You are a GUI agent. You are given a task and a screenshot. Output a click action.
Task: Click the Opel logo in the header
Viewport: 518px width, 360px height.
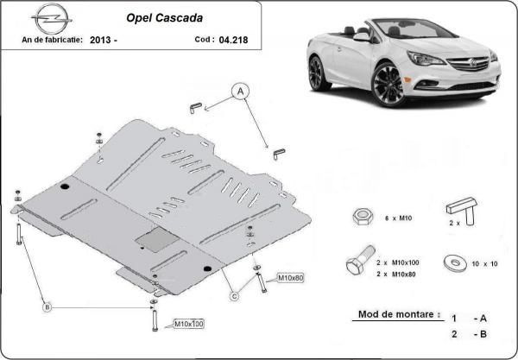(x=52, y=19)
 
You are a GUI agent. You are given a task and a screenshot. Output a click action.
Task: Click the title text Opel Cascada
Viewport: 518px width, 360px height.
(x=165, y=18)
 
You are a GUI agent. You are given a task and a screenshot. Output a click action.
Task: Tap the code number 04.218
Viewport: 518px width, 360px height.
(x=233, y=40)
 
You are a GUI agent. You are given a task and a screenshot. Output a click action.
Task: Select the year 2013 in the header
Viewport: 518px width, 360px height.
(x=101, y=41)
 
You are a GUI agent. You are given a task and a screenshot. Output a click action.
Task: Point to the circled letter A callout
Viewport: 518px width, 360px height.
(x=240, y=92)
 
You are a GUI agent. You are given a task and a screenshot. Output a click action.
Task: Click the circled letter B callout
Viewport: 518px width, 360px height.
(x=47, y=307)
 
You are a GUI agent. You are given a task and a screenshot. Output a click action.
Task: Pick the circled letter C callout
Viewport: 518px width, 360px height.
(x=234, y=297)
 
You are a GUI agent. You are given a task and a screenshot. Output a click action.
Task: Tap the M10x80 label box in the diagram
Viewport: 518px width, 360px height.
(x=290, y=278)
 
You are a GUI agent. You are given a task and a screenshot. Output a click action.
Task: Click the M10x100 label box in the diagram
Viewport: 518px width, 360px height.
(x=188, y=324)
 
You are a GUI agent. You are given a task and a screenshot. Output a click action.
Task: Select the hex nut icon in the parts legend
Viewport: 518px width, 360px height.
(x=363, y=217)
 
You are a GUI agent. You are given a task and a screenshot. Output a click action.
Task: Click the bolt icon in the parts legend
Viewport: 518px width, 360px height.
(x=360, y=260)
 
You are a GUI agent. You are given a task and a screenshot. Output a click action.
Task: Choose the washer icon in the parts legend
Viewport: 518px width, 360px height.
(x=455, y=263)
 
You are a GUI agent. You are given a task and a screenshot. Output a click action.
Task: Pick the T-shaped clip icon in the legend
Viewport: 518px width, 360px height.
(x=462, y=211)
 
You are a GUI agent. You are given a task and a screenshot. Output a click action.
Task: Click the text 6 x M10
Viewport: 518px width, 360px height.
(x=398, y=218)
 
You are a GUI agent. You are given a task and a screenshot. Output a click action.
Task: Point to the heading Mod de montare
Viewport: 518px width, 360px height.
(x=399, y=314)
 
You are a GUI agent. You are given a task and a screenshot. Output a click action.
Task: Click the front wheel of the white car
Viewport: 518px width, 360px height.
(x=389, y=85)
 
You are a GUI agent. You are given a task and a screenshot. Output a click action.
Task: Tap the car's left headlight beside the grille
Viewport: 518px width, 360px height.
(x=426, y=59)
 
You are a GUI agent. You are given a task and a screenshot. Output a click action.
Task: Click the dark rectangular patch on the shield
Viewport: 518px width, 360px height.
(x=157, y=239)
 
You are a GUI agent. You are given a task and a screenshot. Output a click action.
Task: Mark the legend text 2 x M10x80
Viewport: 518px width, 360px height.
(x=396, y=275)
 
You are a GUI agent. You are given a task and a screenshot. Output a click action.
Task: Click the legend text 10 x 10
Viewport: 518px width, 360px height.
(x=484, y=264)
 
